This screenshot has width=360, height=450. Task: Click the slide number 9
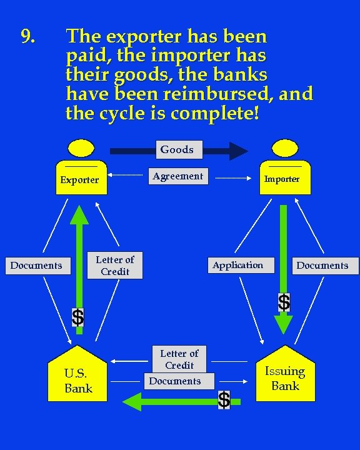[27, 37]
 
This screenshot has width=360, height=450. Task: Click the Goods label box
[177, 149]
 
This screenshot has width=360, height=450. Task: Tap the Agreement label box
[177, 176]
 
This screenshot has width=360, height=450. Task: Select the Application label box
[237, 265]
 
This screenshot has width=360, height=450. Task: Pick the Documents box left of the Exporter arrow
[36, 266]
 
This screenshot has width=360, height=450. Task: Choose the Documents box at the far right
[322, 266]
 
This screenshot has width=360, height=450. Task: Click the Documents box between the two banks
[175, 381]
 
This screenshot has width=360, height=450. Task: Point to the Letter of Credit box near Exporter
[115, 266]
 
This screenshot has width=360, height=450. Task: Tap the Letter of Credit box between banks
[179, 359]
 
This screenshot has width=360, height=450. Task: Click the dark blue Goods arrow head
[237, 151]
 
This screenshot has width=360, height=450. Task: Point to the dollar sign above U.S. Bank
[77, 317]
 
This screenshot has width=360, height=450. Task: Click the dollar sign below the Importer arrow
[284, 302]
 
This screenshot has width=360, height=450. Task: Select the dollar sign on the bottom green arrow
[224, 399]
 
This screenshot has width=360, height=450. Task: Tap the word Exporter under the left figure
[79, 180]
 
